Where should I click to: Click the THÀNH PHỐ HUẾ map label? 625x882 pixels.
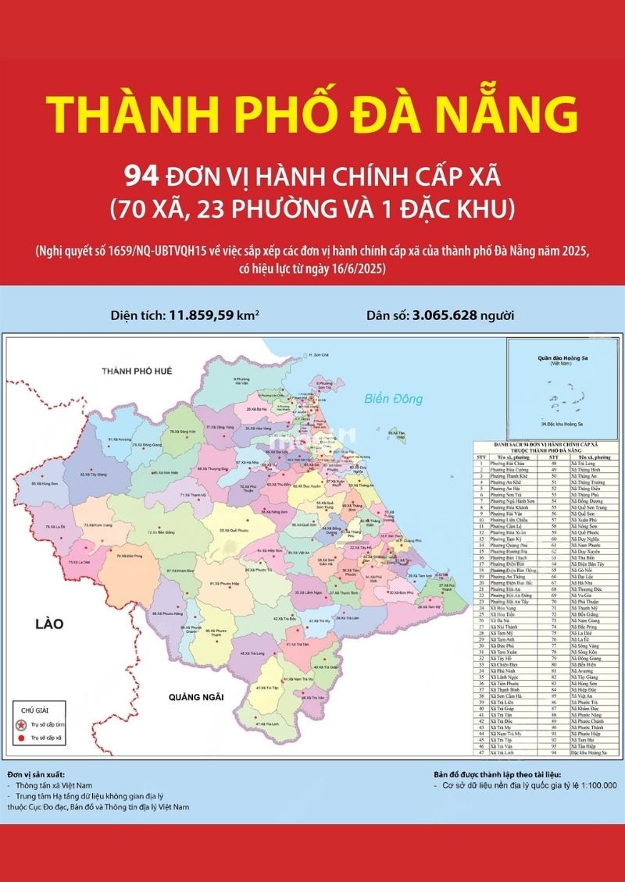141,371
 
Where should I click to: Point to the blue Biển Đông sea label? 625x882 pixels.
394,399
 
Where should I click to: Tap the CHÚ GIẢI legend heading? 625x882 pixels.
35,711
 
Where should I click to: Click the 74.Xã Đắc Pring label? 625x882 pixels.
128,557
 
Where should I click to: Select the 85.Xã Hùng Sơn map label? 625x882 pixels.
44,484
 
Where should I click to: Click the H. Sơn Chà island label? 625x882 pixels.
319,355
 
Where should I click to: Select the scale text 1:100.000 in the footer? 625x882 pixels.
590,785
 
